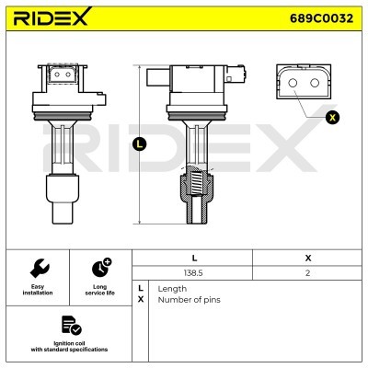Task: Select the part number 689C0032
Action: pyautogui.click(x=321, y=18)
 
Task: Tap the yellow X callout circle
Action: pyautogui.click(x=332, y=118)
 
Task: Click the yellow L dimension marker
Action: pyautogui.click(x=140, y=144)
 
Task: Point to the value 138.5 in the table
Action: pyautogui.click(x=193, y=272)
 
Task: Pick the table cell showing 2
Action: pyautogui.click(x=308, y=272)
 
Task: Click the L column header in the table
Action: pyautogui.click(x=194, y=259)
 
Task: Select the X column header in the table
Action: pyautogui.click(x=308, y=259)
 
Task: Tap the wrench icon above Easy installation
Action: pyautogui.click(x=40, y=268)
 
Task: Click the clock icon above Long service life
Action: pyautogui.click(x=101, y=268)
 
